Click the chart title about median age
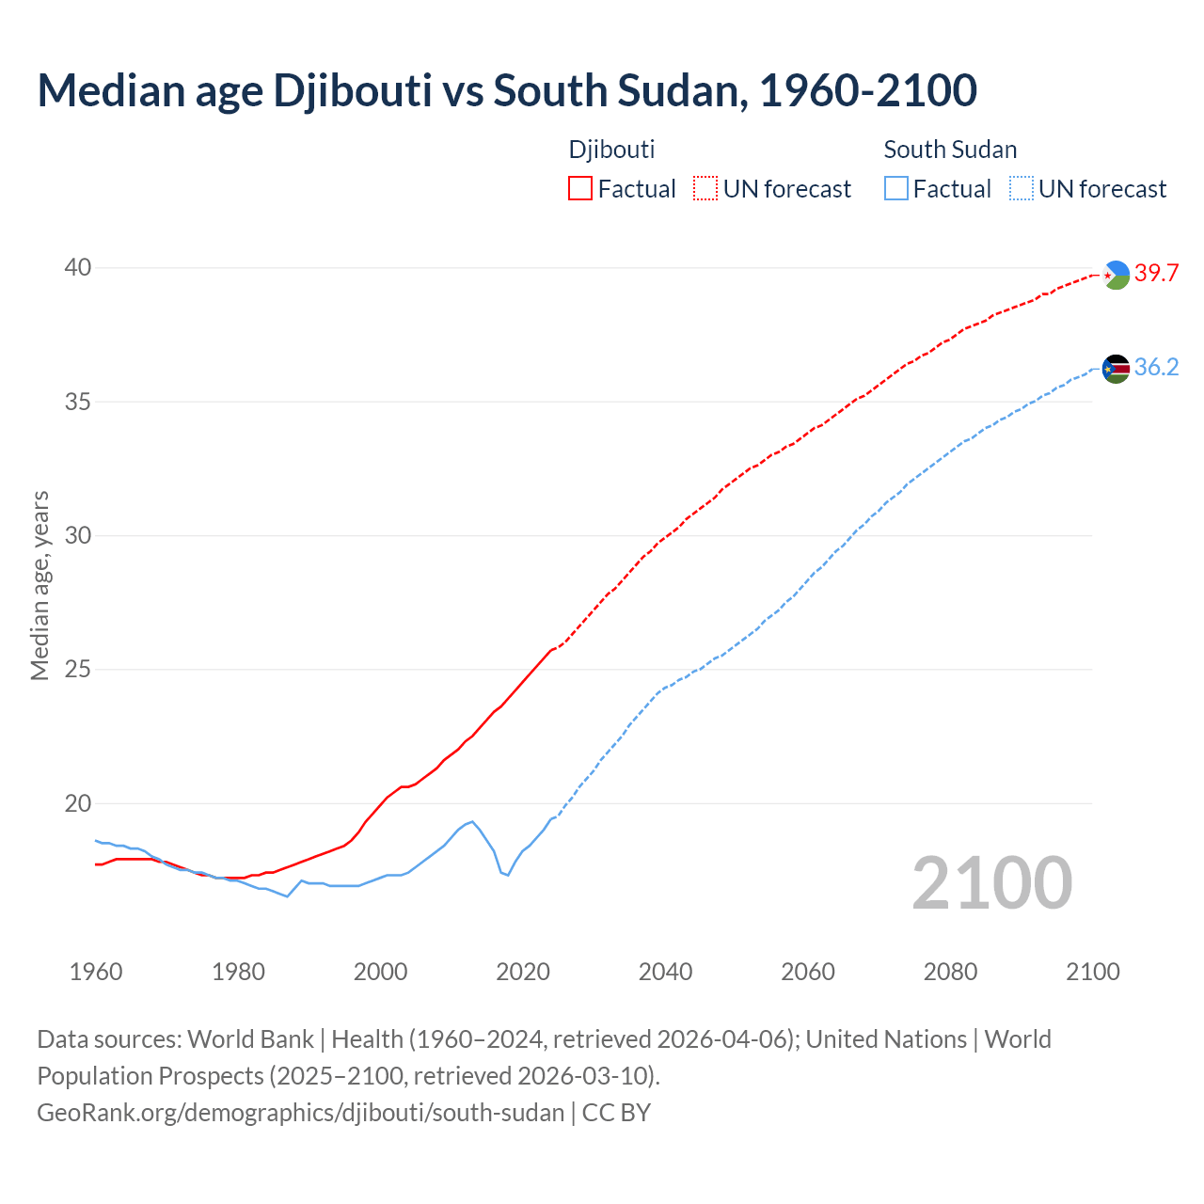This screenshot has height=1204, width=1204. (x=507, y=90)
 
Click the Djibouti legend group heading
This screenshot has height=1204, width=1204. (x=611, y=150)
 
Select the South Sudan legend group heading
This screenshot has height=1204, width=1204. (x=950, y=150)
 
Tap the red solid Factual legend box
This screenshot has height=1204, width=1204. (x=580, y=189)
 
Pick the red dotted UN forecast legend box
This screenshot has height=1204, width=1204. (x=705, y=189)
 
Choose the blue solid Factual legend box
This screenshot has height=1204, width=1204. (x=896, y=189)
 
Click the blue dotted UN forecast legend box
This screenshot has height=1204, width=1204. (x=1021, y=189)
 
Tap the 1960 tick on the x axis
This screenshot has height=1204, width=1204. (x=96, y=972)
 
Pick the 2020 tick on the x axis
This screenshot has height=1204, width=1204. (x=523, y=972)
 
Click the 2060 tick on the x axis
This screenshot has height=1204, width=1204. (x=808, y=972)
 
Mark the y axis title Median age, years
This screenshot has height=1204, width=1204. (x=40, y=585)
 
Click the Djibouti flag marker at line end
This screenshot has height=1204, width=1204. (x=1116, y=275)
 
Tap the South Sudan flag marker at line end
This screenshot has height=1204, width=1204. (x=1116, y=369)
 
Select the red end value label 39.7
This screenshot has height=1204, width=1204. (x=1156, y=274)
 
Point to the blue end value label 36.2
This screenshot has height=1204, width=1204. (x=1156, y=368)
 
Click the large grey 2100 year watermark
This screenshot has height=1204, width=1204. (x=992, y=883)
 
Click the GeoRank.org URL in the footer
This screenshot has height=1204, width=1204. (x=300, y=1113)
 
